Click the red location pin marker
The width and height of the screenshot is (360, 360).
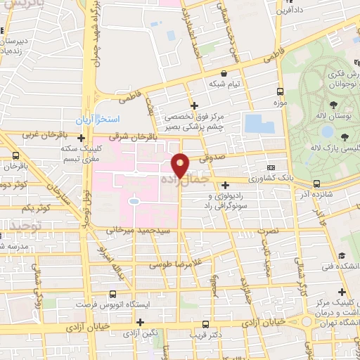181,165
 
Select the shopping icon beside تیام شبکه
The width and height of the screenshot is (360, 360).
224,73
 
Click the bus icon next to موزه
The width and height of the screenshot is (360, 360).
281,92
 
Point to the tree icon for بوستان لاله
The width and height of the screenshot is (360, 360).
343,136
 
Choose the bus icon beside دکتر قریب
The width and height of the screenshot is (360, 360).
205,325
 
